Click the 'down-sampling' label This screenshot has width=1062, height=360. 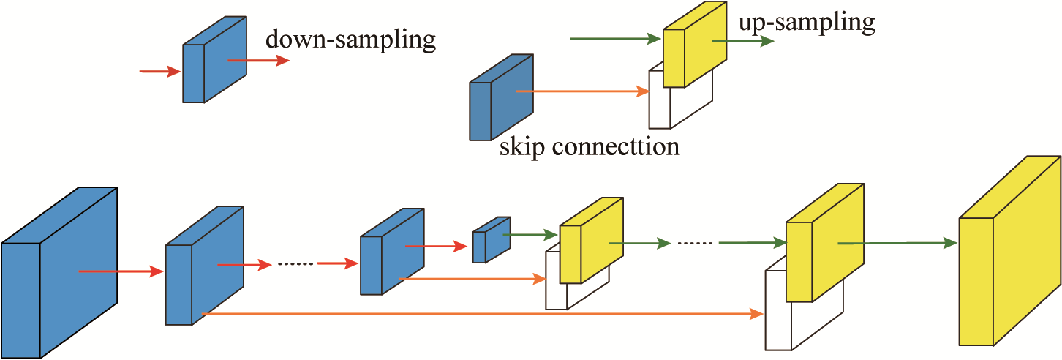pyautogui.click(x=350, y=40)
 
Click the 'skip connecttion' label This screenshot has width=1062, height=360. pyautogui.click(x=590, y=146)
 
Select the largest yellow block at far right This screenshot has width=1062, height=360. pyautogui.click(x=1009, y=263)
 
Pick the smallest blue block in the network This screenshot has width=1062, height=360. pyautogui.click(x=489, y=241)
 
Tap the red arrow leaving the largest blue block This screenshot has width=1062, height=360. pyautogui.click(x=121, y=271)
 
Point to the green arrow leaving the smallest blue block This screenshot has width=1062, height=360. pyautogui.click(x=531, y=235)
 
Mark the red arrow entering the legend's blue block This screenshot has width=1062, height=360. pyautogui.click(x=159, y=71)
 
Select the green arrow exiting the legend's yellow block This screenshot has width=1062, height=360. pyautogui.click(x=743, y=42)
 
